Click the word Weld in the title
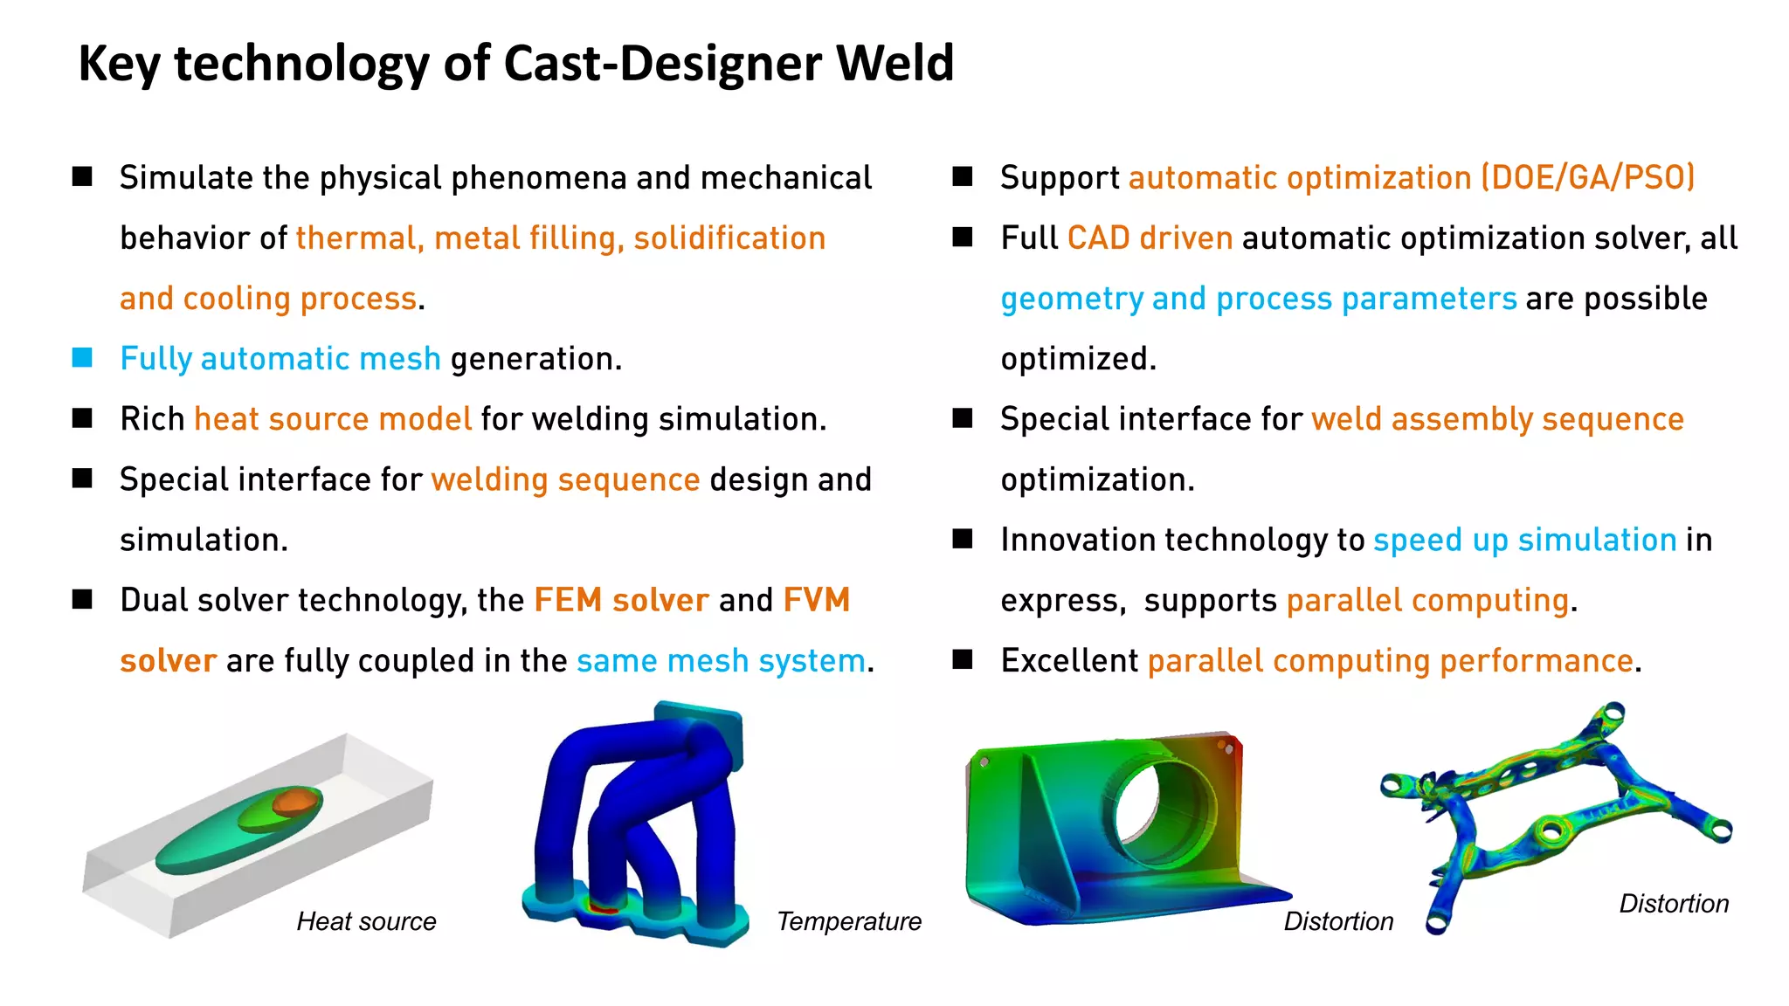tap(894, 63)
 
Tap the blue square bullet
tap(82, 357)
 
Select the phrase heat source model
tap(332, 419)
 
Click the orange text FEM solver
tap(621, 600)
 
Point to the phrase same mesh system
tap(721, 661)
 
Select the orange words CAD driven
tap(1150, 238)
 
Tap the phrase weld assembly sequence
tap(1497, 419)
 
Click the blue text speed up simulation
tap(1524, 540)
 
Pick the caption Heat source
tap(366, 921)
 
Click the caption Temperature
tap(848, 921)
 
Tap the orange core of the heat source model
tap(294, 801)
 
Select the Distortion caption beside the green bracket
tap(1337, 921)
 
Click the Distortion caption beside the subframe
tap(1673, 903)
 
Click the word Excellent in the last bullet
tap(1069, 661)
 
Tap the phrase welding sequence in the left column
tap(565, 479)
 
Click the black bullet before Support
tap(963, 177)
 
